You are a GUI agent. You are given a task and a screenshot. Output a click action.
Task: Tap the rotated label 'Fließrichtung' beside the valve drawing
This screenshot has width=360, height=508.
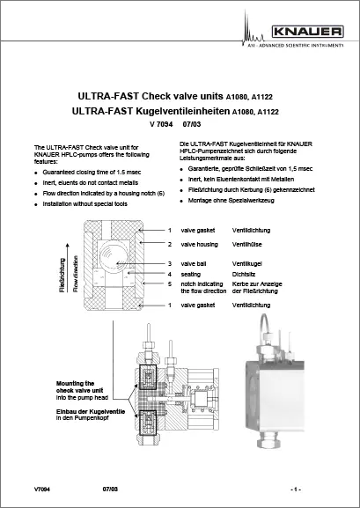pos(62,264)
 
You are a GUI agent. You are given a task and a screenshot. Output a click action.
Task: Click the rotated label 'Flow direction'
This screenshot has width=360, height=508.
pos(76,264)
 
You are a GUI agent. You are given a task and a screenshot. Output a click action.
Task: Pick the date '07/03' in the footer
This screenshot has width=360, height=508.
pos(110,487)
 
